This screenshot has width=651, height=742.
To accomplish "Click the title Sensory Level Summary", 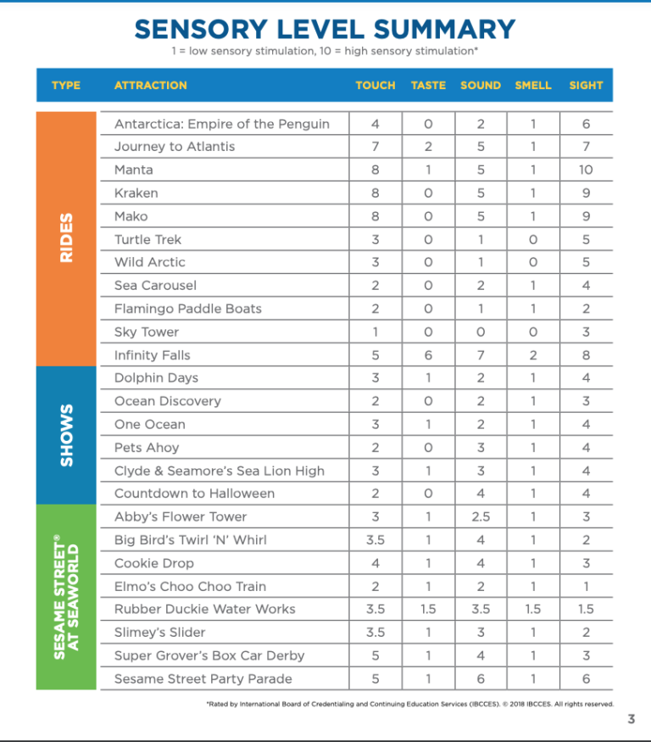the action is [325, 30].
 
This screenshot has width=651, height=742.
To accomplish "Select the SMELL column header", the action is [533, 85].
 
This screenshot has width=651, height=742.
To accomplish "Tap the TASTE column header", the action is [428, 85].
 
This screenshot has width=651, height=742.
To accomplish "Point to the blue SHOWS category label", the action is [67, 435].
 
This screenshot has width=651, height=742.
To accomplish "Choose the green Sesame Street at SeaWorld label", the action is [67, 596].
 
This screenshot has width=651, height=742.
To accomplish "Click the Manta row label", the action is [134, 170].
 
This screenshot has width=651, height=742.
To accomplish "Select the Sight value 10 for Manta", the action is [586, 170].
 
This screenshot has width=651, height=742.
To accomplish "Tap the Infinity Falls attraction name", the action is [153, 354].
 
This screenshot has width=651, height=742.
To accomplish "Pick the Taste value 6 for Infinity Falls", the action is [428, 354].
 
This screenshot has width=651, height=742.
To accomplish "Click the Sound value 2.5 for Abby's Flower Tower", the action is [481, 516].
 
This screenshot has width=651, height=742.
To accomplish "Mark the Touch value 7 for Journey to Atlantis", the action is [376, 147].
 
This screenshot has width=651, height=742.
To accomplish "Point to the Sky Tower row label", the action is [147, 332].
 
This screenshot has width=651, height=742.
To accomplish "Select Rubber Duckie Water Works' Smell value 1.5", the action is [533, 609].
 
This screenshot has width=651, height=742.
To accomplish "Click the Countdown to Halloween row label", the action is [194, 493].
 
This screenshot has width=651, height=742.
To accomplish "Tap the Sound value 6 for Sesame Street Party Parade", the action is [481, 678].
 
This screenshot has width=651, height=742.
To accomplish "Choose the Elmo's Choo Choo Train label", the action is [190, 586].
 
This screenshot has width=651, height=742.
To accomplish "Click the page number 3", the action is [631, 720].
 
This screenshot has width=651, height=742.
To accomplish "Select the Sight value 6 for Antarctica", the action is [586, 124].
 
